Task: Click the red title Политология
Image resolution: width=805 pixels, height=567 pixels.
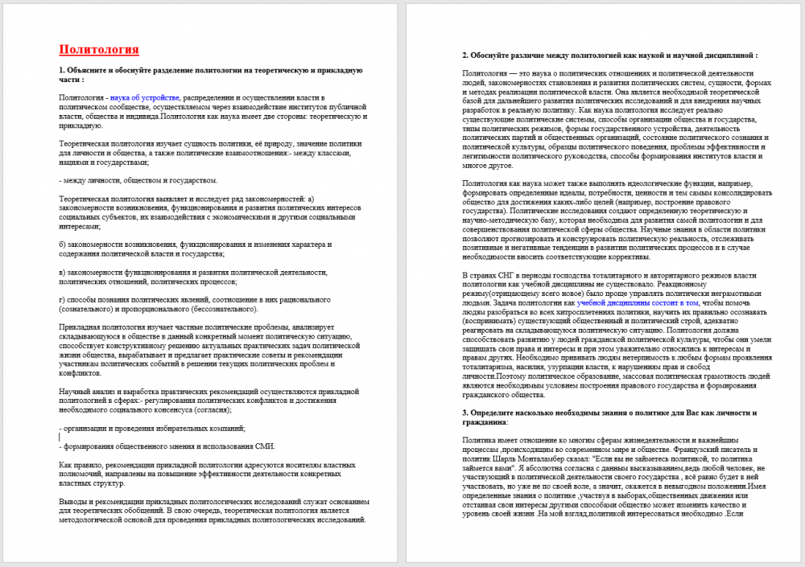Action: click(99, 50)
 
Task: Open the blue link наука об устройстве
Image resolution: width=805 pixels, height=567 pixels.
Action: click(145, 97)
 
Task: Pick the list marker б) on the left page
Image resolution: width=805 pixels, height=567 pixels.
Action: click(63, 244)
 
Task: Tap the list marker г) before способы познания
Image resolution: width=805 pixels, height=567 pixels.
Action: click(63, 299)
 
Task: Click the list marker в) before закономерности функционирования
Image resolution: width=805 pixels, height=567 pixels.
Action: click(63, 272)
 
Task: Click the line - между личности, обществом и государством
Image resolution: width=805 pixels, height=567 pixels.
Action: click(138, 180)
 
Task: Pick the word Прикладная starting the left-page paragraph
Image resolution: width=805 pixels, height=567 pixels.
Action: click(84, 327)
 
